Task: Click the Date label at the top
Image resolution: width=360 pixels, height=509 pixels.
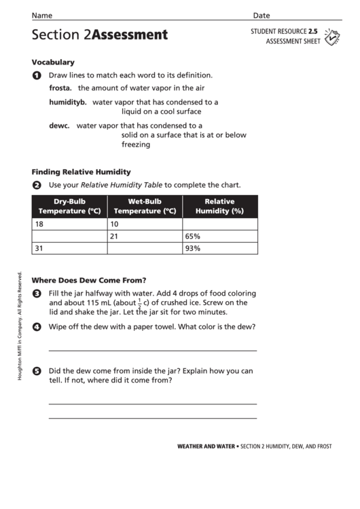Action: click(262, 15)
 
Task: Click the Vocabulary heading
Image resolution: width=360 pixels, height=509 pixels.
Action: click(53, 62)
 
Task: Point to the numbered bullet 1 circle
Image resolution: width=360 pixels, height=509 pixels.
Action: click(37, 75)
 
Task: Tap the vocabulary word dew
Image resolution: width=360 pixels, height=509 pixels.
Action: click(57, 125)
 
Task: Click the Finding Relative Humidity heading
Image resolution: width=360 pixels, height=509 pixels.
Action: click(81, 172)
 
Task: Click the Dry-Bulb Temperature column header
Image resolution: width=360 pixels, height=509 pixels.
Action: click(69, 206)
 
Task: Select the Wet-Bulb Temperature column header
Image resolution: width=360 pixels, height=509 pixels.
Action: click(145, 206)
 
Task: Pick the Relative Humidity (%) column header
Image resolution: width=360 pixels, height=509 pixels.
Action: click(219, 206)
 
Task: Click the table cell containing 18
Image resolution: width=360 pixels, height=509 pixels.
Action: click(69, 224)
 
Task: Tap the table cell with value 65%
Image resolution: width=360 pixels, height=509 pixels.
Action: click(219, 236)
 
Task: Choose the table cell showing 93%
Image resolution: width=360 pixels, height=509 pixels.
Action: click(219, 248)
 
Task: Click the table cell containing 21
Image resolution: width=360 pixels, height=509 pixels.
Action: click(145, 236)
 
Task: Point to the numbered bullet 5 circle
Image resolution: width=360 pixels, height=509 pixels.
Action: click(37, 371)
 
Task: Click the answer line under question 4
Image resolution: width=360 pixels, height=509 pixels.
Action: click(153, 350)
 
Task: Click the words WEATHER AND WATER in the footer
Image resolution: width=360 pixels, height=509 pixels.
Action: click(206, 446)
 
